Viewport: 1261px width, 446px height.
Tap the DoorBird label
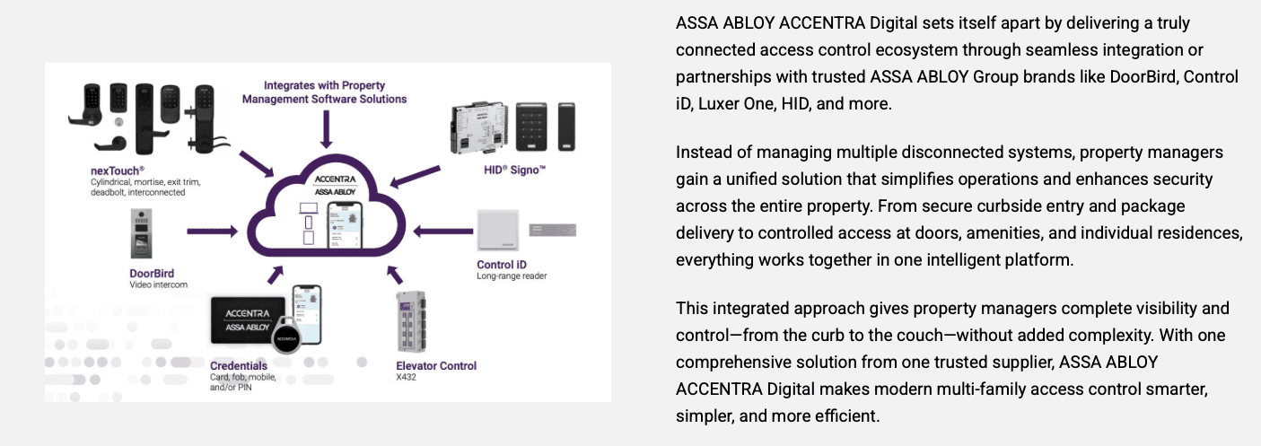[x=152, y=273]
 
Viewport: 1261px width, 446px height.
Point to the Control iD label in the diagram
[x=502, y=264]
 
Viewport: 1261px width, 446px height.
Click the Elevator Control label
[x=436, y=365]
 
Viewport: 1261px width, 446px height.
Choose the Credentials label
[x=239, y=366]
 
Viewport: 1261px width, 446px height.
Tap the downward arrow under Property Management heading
[x=323, y=130]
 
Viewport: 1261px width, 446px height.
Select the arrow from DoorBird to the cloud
[x=212, y=232]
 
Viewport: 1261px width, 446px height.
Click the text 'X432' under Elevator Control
[x=407, y=377]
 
